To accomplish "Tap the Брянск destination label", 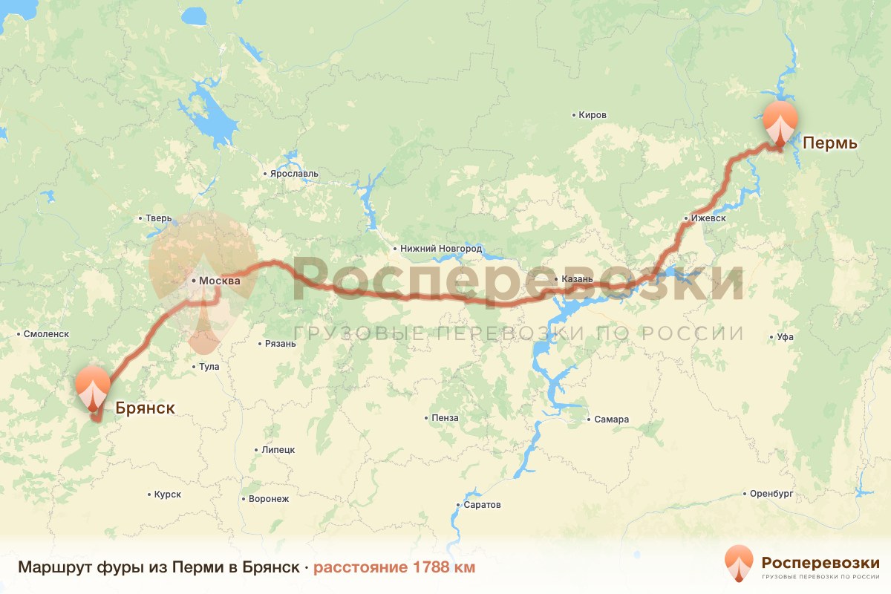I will pos(145,408).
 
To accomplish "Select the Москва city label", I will pos(220,281).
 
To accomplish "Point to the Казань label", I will pos(578,279).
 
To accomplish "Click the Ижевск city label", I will pos(708,219).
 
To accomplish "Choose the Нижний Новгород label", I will pos(441,249).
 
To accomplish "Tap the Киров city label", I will pos(593,115).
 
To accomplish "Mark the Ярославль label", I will pos(295,174).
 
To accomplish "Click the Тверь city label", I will pos(159,218).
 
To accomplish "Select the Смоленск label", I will pos(46,334).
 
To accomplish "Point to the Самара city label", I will pos(611,420).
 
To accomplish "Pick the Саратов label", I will pos(481,505).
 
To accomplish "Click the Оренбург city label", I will pos(772,494).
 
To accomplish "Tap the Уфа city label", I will pos(785,337).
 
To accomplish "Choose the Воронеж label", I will pos(269,499).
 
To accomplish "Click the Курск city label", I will pos(167,495).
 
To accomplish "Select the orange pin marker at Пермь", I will pos(780,123).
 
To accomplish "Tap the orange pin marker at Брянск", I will pos(93,386).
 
